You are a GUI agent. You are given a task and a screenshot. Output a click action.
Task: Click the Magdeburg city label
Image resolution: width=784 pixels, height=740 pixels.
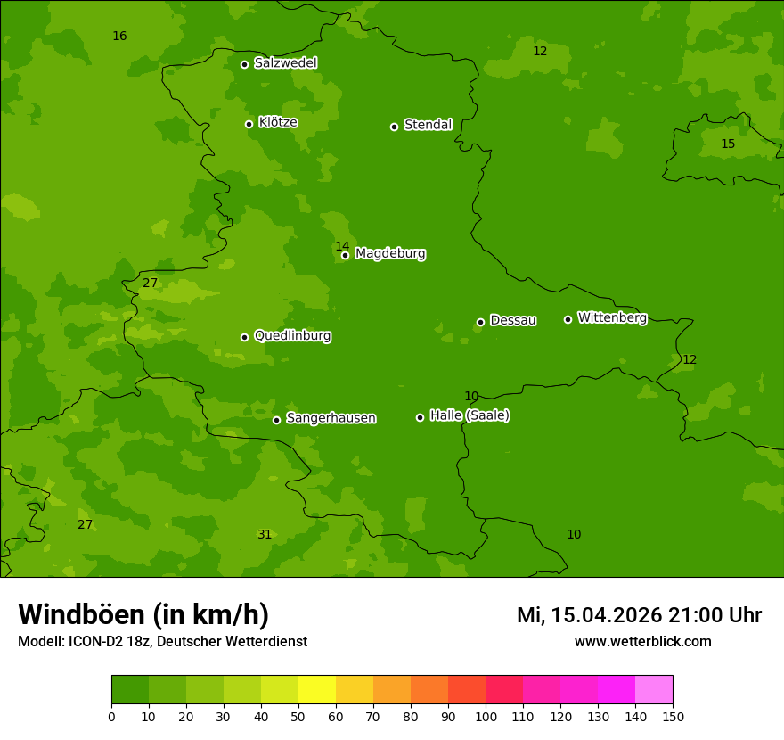click(390, 254)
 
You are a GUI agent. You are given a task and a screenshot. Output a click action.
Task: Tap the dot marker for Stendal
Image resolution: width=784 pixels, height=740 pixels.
click(394, 127)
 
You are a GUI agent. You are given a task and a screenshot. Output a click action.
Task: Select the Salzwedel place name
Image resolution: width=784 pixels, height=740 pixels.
click(285, 63)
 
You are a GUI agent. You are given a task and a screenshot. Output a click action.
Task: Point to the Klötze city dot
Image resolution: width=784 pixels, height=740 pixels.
click(249, 124)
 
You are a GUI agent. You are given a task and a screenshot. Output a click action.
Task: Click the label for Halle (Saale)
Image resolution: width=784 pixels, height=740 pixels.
click(470, 415)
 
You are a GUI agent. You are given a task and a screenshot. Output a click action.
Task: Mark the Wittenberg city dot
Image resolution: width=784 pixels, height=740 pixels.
click(568, 319)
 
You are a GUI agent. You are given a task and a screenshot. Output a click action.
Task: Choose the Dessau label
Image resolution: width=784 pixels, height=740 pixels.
click(513, 320)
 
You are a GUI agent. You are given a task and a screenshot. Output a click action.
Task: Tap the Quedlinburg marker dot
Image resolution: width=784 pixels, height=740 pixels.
click(244, 337)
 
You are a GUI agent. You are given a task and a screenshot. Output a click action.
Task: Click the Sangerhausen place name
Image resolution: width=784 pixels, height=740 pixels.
click(331, 418)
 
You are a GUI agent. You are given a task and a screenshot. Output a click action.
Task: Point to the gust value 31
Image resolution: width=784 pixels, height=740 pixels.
click(265, 535)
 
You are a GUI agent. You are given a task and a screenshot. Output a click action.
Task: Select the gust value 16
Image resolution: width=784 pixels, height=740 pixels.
click(119, 37)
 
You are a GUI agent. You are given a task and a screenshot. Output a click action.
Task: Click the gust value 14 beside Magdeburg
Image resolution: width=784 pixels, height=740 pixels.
click(342, 247)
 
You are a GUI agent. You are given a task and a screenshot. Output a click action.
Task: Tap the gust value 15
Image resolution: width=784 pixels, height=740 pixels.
click(728, 144)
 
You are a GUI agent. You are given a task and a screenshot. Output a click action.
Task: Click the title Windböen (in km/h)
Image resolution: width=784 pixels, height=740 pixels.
click(143, 614)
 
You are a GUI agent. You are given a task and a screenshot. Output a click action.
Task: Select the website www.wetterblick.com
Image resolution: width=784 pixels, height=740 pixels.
click(642, 642)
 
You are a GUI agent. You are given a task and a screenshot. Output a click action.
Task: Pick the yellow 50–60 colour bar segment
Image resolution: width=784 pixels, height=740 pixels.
click(317, 690)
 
